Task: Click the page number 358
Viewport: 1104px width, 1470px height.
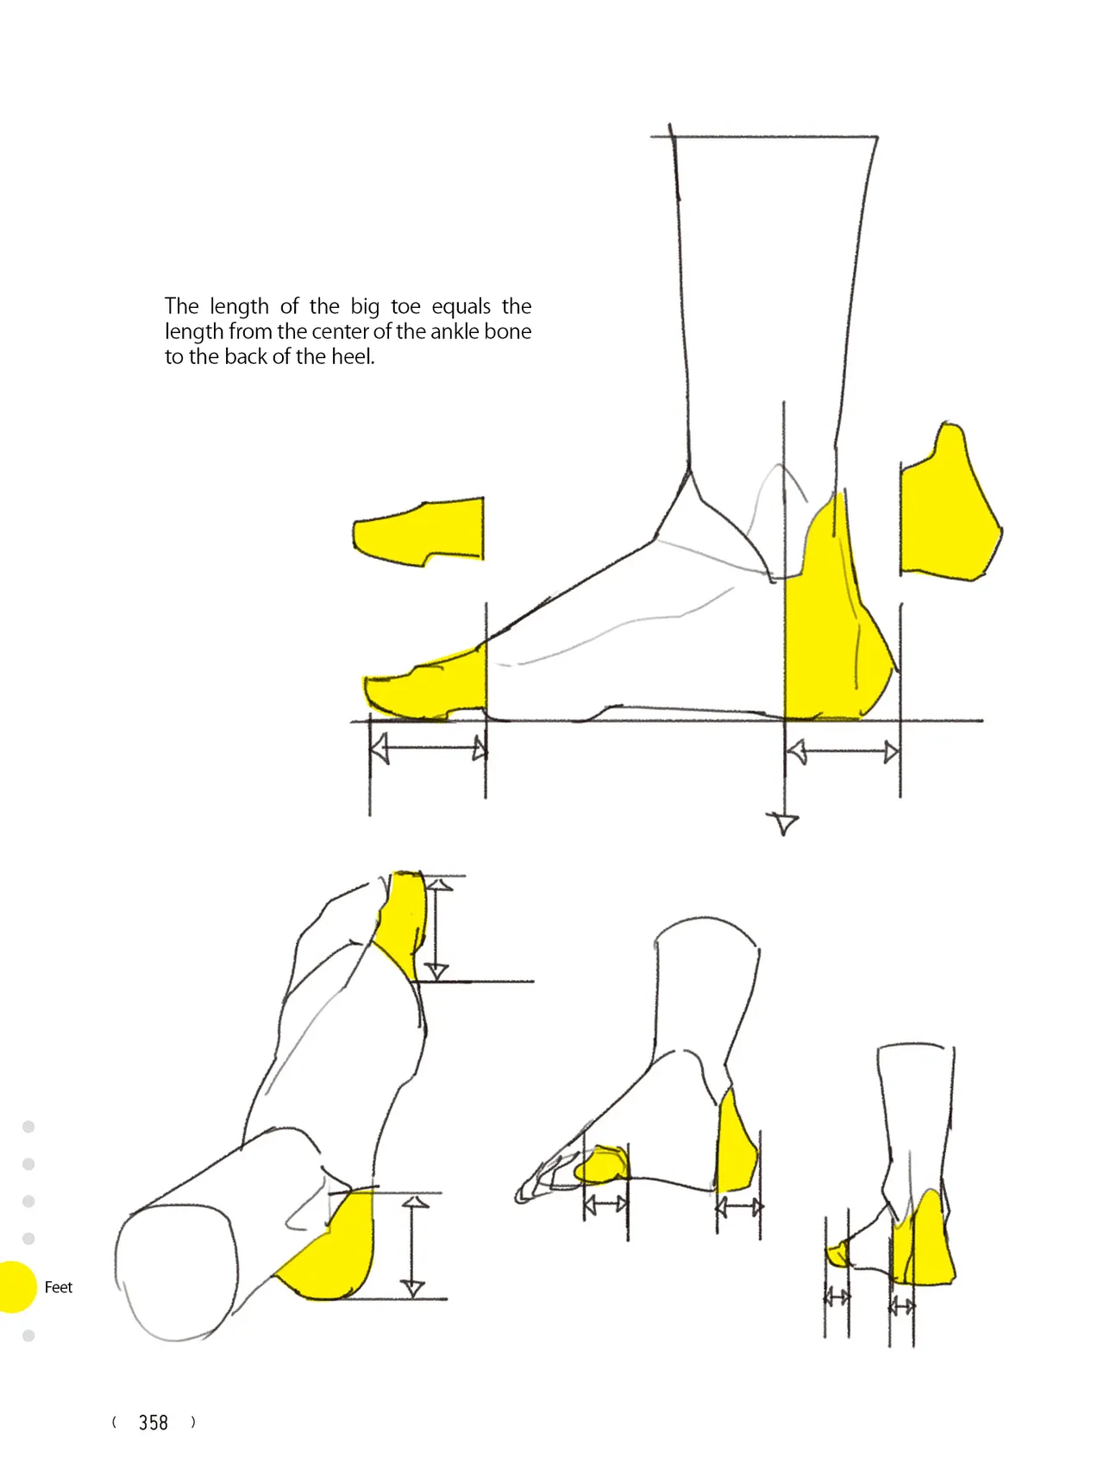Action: click(154, 1423)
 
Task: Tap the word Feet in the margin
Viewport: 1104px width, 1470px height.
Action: click(59, 1287)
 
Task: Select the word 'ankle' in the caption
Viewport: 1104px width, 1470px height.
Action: click(455, 331)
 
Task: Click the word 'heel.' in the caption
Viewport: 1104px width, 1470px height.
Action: click(353, 356)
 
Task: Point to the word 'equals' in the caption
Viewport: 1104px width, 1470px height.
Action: click(461, 307)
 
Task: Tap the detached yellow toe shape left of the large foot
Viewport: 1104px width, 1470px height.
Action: click(419, 531)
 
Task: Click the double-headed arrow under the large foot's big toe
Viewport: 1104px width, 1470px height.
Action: click(429, 748)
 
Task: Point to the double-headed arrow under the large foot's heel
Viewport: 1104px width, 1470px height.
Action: click(843, 752)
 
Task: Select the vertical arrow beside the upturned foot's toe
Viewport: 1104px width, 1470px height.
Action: click(438, 929)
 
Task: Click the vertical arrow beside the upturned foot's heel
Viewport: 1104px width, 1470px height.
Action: click(414, 1247)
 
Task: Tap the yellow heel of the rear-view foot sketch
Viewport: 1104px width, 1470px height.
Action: click(923, 1242)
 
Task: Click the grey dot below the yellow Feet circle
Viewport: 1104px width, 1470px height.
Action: click(28, 1335)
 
